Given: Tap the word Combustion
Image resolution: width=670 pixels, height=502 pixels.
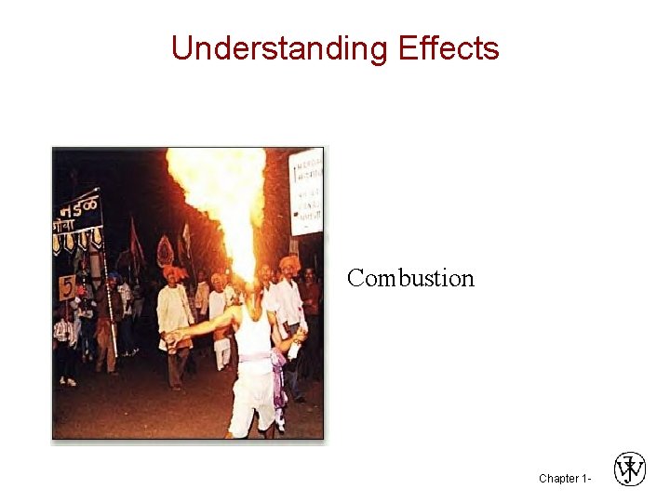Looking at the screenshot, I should [410, 278].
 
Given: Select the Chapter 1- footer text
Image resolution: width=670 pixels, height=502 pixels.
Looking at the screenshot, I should [564, 479].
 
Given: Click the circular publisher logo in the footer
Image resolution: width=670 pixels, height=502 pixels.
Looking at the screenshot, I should [630, 469].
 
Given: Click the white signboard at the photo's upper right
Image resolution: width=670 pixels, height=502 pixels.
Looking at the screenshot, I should [306, 191].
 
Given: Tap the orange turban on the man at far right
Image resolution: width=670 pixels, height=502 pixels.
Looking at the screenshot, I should [288, 263].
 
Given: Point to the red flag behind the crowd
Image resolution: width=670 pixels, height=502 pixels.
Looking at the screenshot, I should [136, 241].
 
